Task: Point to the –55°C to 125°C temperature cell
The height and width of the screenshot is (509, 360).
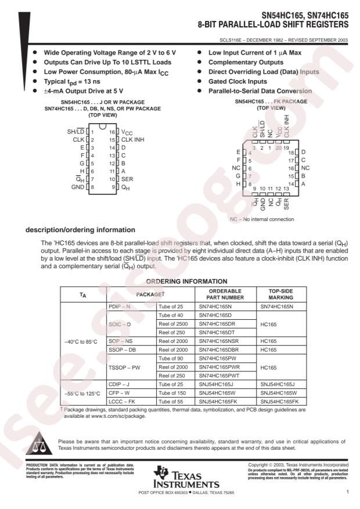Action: (82, 393)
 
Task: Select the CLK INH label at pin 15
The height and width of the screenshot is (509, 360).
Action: (132, 140)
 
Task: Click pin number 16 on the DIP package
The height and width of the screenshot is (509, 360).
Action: (111, 132)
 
